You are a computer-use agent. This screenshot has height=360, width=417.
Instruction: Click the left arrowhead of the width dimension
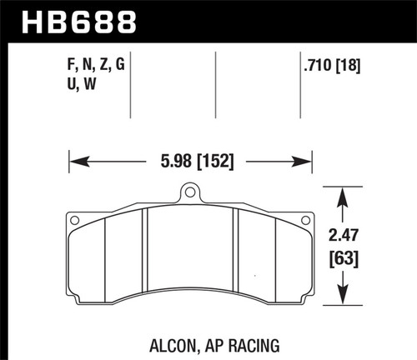click(73, 156)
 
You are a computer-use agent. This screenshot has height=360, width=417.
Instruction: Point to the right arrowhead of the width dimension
click(305, 156)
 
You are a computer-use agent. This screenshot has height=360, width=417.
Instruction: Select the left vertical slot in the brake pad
click(145, 250)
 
